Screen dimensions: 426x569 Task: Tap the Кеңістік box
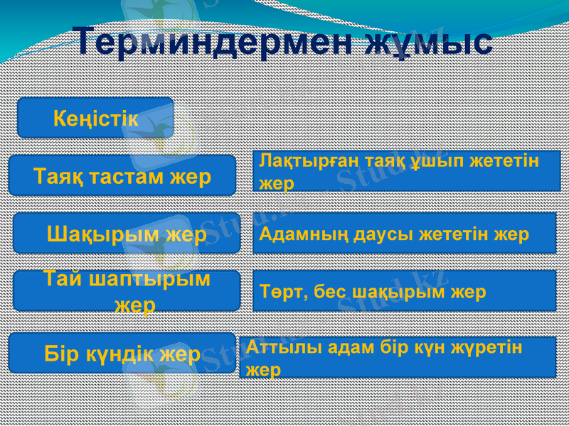tap(95, 118)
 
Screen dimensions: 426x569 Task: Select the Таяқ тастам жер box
tap(122, 175)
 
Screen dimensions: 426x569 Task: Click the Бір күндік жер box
tap(122, 353)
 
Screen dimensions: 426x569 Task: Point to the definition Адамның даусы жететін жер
tap(404, 234)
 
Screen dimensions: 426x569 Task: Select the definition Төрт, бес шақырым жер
tap(404, 291)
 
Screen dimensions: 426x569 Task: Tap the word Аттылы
tap(270, 347)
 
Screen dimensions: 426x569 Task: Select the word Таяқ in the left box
tap(56, 175)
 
